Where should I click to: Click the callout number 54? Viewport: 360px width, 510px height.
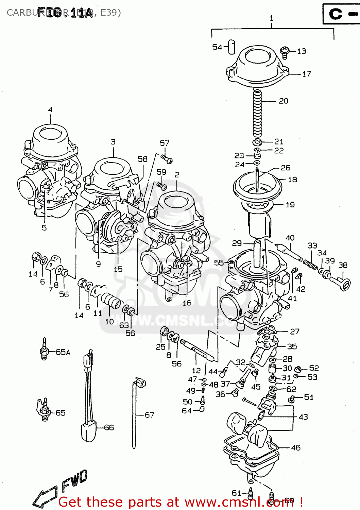pos(217,47)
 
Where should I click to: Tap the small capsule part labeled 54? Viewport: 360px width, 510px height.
pos(231,47)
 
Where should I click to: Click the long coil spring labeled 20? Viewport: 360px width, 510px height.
pos(258,112)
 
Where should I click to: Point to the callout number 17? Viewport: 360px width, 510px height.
pos(307,74)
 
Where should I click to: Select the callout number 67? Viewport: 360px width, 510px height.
pos(149,415)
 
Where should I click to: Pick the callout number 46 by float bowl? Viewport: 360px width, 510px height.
pos(296,448)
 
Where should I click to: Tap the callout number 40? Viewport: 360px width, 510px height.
pos(290,238)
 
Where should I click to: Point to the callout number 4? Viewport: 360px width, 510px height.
pos(50,109)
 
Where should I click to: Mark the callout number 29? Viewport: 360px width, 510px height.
pos(237,243)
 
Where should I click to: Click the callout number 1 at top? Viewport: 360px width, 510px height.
pos(271,18)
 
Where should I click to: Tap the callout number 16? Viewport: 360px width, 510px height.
pos(187,303)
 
